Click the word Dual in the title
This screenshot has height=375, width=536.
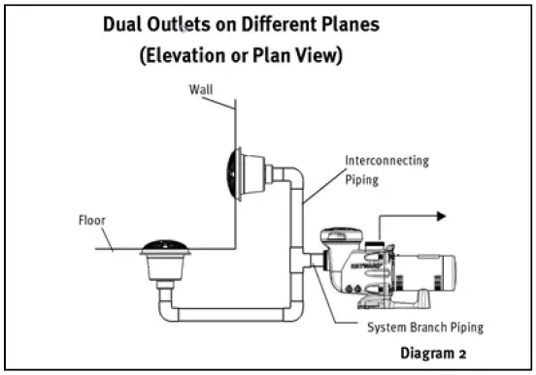pos(125,23)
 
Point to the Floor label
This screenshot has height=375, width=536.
pos(91,220)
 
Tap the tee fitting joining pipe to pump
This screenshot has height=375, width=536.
pos(295,260)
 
